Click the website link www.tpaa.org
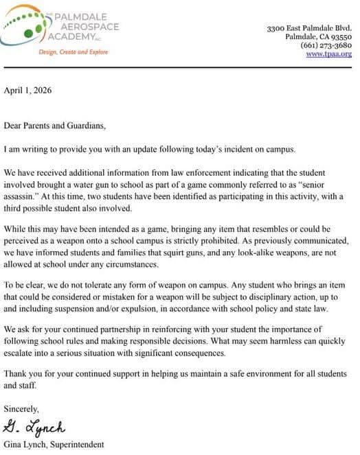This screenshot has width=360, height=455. [x=328, y=54]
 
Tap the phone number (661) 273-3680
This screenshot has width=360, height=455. [x=326, y=45]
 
